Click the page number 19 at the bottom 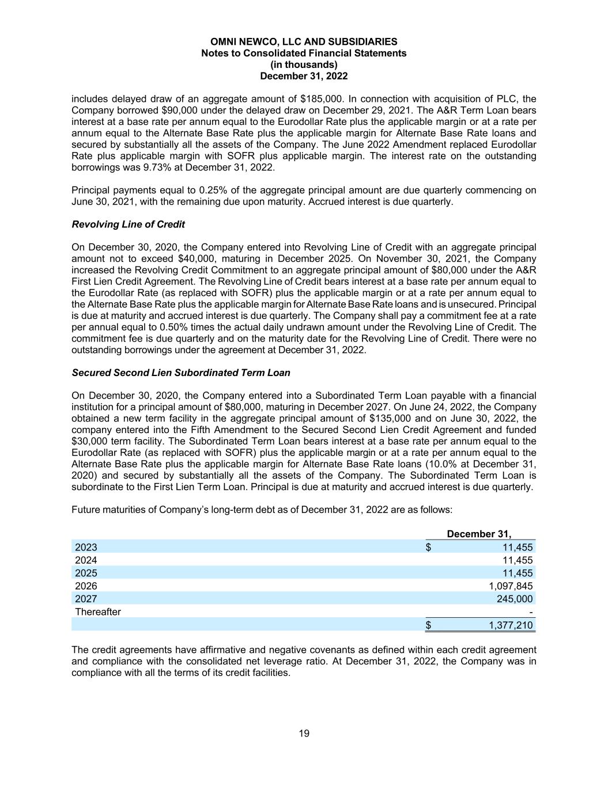tap(304, 733)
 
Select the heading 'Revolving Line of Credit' tap(128, 224)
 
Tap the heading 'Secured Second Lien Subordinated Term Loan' tap(181, 373)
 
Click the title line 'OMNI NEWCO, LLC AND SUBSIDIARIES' tap(304, 41)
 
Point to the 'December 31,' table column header tap(479, 534)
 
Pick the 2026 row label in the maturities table tap(86, 586)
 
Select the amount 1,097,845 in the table tap(511, 586)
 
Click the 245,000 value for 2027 tap(515, 599)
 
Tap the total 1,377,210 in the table tap(511, 625)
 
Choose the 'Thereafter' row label tap(98, 612)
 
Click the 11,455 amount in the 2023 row tap(518, 547)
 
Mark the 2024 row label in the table tap(86, 560)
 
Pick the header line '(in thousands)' tap(304, 64)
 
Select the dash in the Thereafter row tap(530, 612)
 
